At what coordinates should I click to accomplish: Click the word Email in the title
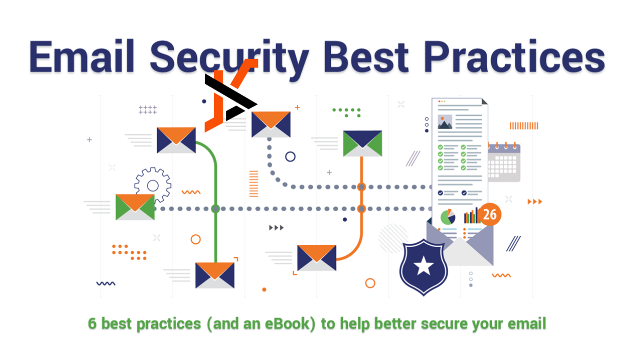tap(81, 56)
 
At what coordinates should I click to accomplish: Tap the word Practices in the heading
tap(514, 56)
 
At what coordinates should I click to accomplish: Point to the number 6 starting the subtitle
tap(92, 323)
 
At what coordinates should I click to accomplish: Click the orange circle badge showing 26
tap(489, 214)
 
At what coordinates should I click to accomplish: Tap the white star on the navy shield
tap(423, 265)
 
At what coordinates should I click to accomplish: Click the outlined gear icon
tap(153, 185)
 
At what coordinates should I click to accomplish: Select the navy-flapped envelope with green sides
tap(362, 143)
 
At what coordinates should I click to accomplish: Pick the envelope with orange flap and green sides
tap(135, 207)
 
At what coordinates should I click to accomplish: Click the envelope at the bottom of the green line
tap(215, 275)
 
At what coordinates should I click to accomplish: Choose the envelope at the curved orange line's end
tap(316, 257)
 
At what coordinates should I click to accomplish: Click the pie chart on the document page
tap(447, 217)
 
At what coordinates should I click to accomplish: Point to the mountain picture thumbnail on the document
tap(445, 121)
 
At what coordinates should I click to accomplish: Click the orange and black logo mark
tap(231, 95)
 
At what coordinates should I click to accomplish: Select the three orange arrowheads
tap(534, 201)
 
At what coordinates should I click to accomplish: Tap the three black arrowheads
tap(276, 227)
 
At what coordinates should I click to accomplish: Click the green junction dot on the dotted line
tap(215, 209)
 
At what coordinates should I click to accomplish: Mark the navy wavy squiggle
tap(105, 283)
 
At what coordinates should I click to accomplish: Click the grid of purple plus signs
tap(147, 109)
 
